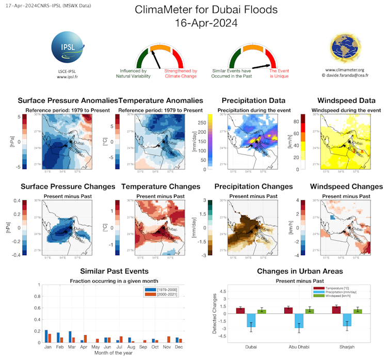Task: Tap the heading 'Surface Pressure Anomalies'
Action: (x=68, y=100)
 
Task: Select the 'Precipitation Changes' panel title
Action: (x=256, y=186)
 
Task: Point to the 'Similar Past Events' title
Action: (x=115, y=271)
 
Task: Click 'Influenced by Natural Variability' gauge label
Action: (x=135, y=73)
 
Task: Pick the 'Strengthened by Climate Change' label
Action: (x=181, y=73)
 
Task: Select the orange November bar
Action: (x=168, y=339)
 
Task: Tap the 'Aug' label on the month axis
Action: (x=132, y=348)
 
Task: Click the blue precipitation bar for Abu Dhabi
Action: (x=299, y=321)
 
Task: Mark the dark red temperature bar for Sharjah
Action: (x=336, y=310)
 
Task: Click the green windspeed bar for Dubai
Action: (x=262, y=311)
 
